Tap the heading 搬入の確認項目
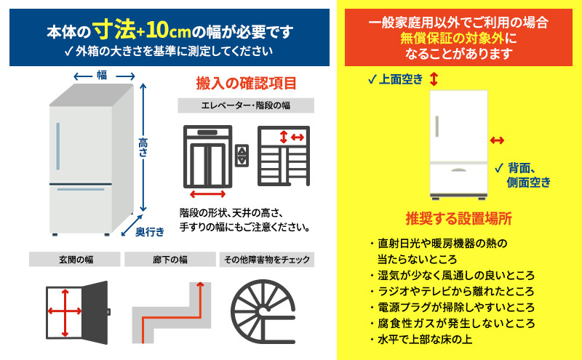tap(246, 83)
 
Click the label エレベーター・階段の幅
tap(246, 106)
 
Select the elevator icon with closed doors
tap(207, 156)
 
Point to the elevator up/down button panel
tap(243, 155)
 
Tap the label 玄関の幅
tap(75, 259)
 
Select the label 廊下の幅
tap(170, 259)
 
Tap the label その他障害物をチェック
tap(267, 259)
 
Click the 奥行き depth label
tap(150, 231)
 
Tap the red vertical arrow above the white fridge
tap(434, 79)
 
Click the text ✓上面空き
tap(395, 79)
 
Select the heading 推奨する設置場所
tap(458, 218)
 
